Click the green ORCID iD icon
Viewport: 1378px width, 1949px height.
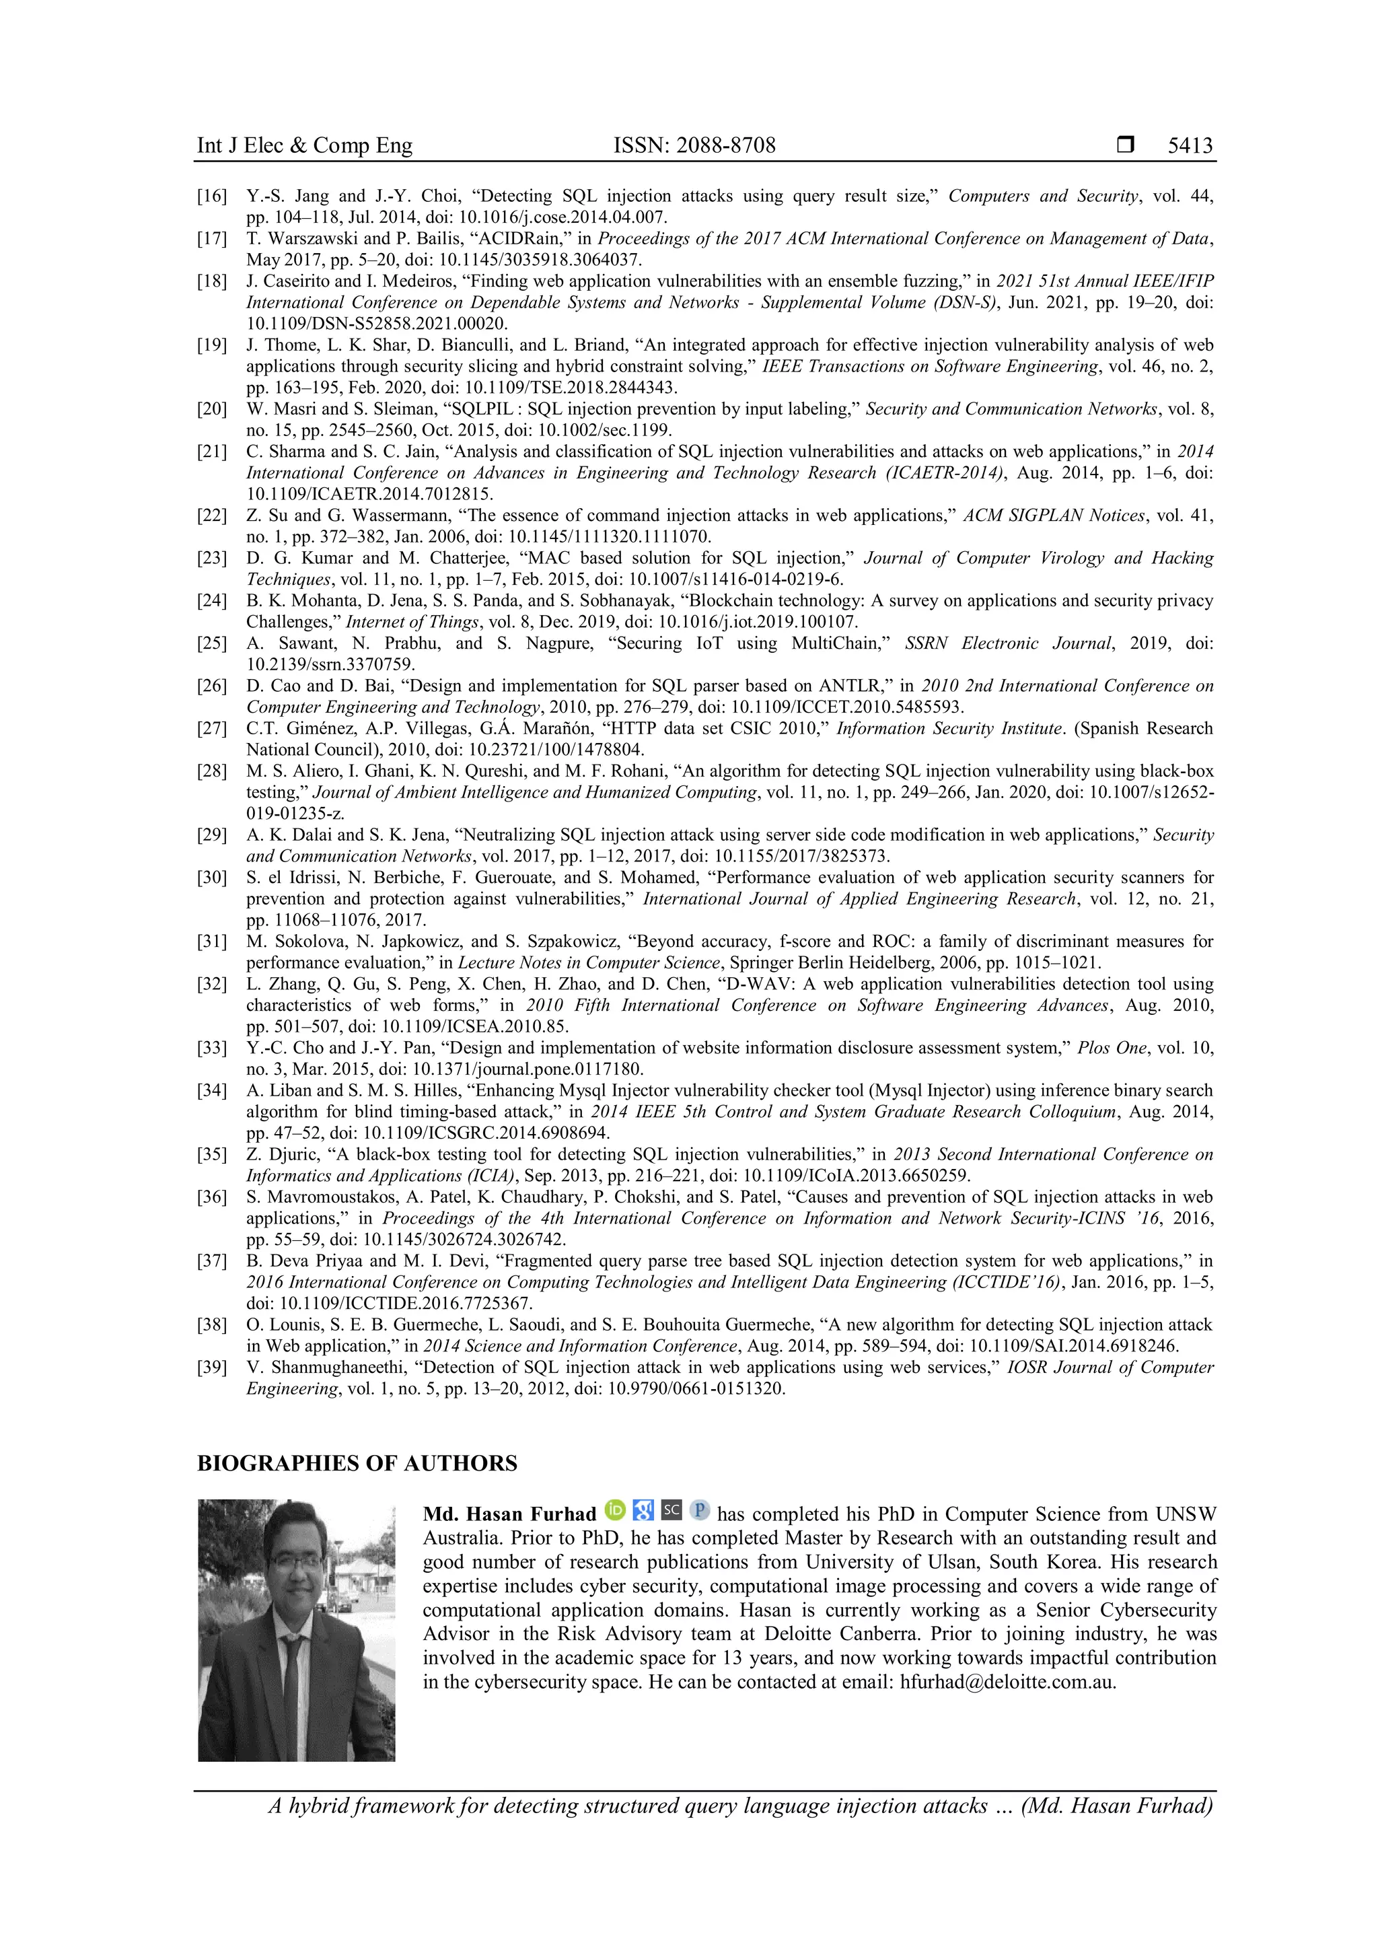[x=615, y=1510]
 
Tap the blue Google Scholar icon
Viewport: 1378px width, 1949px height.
[x=643, y=1510]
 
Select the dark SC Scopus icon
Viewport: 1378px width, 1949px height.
[x=672, y=1510]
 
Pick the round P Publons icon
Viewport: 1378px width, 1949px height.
[x=699, y=1510]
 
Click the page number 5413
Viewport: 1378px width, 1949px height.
[x=1190, y=146]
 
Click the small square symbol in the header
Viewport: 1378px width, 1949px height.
[x=1125, y=146]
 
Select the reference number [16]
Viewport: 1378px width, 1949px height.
[x=212, y=196]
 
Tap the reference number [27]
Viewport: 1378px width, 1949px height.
[x=212, y=728]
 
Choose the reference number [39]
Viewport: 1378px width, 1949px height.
[x=212, y=1368]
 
